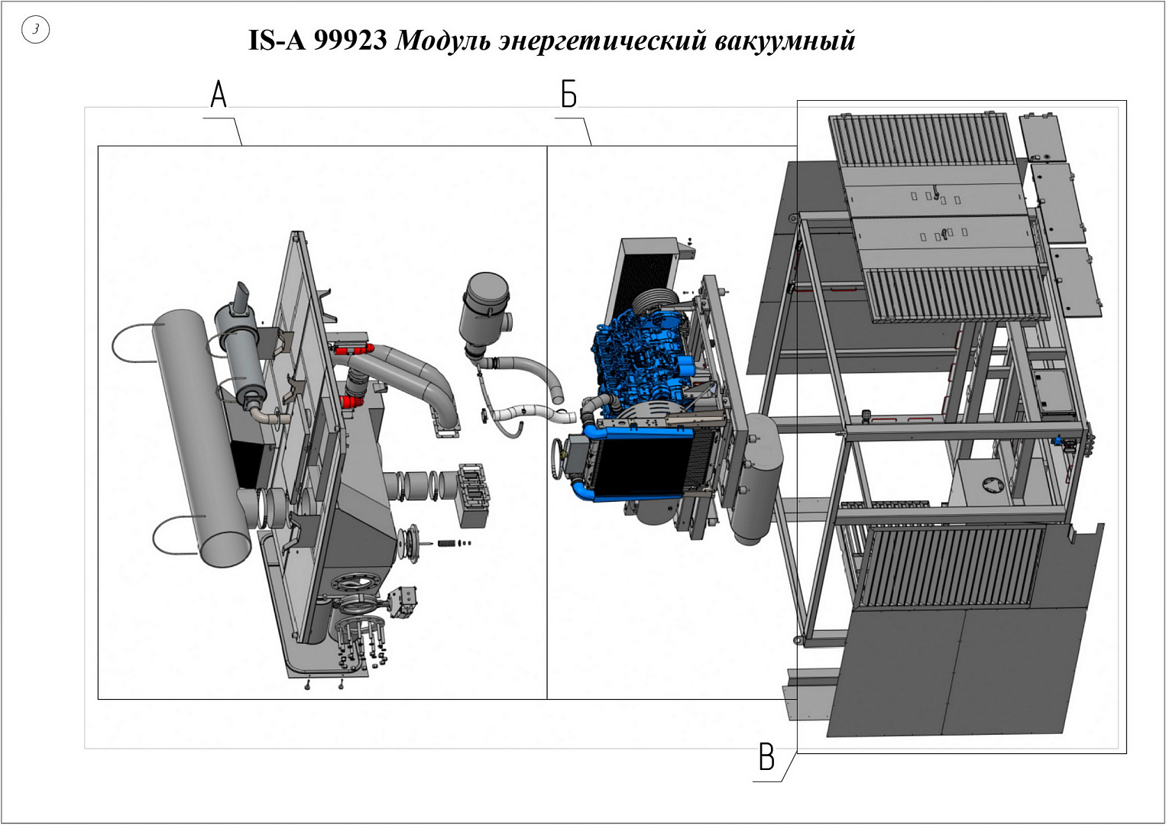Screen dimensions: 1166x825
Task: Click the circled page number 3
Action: (x=35, y=30)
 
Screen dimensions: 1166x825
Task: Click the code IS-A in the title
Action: (x=277, y=40)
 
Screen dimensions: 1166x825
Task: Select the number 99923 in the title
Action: (x=350, y=40)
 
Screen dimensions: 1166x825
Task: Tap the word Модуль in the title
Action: (x=442, y=41)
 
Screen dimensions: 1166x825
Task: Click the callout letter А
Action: (x=219, y=95)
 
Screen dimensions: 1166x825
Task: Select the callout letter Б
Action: (x=568, y=95)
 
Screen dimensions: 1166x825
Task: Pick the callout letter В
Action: (x=766, y=757)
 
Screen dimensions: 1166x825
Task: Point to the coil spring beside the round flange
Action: (x=446, y=543)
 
